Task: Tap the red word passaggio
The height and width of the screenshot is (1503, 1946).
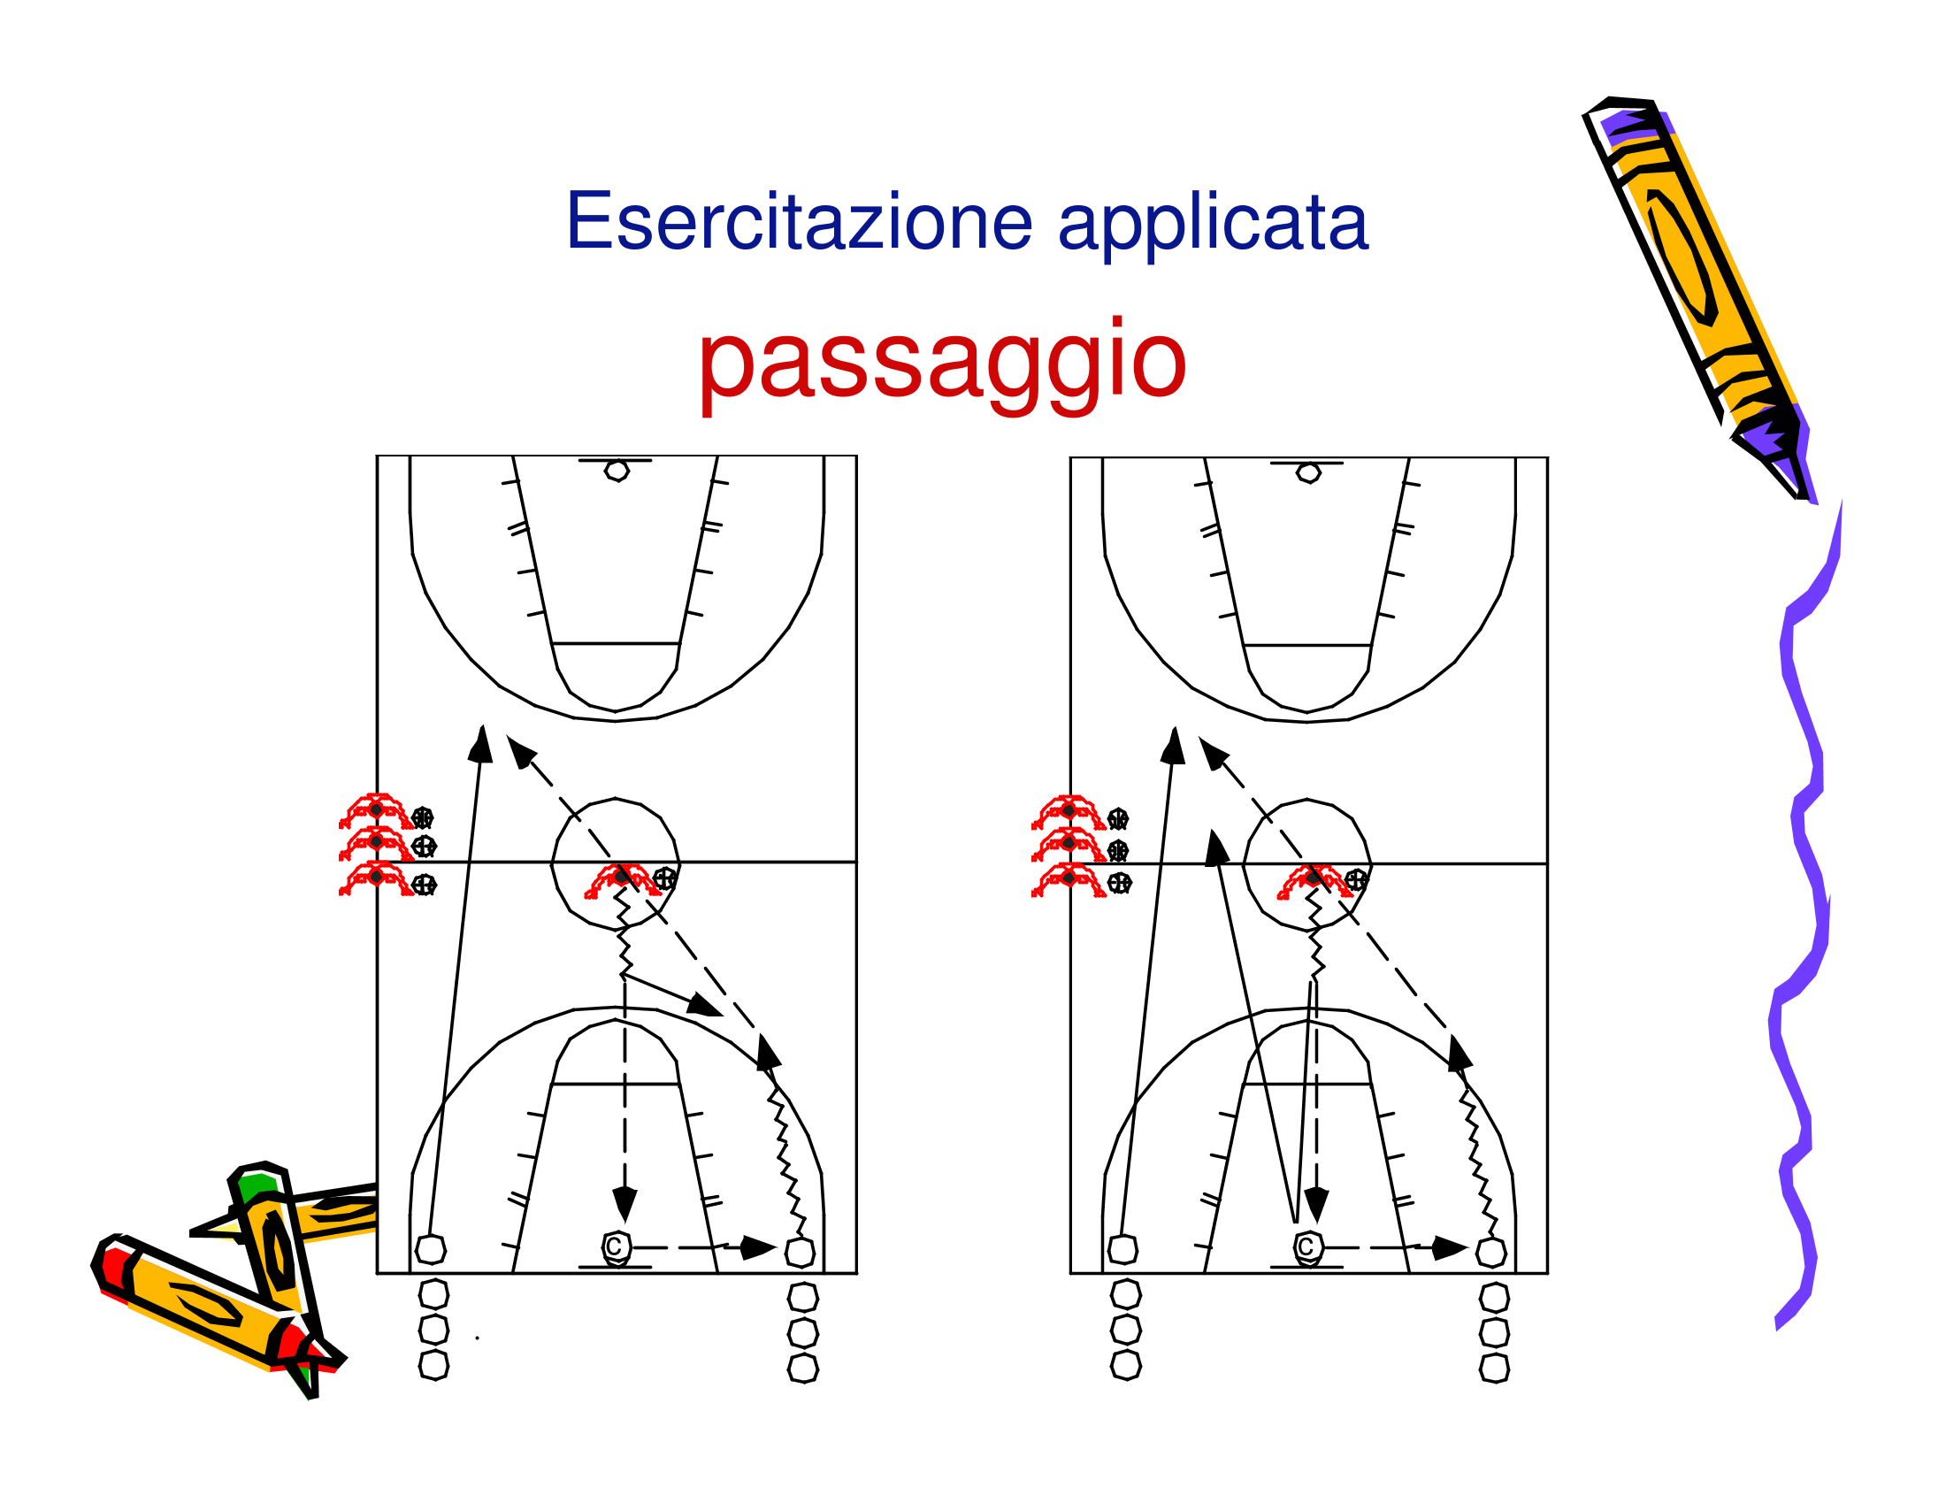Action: pyautogui.click(x=942, y=362)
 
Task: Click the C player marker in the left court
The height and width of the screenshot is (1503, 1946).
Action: pyautogui.click(x=616, y=1247)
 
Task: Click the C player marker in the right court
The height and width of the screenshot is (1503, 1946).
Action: pyautogui.click(x=1307, y=1247)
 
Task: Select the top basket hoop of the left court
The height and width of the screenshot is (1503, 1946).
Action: pyautogui.click(x=616, y=471)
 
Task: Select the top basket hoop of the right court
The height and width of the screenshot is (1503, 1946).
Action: pyautogui.click(x=1308, y=472)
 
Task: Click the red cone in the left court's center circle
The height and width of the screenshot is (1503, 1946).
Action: pyautogui.click(x=621, y=879)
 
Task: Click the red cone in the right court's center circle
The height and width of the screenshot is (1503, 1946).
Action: pyautogui.click(x=1314, y=880)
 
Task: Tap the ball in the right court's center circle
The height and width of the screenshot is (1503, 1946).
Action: pyautogui.click(x=1355, y=880)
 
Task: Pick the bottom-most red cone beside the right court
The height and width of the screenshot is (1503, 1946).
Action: pyautogui.click(x=1068, y=879)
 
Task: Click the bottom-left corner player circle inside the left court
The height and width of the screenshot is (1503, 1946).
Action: pyautogui.click(x=432, y=1249)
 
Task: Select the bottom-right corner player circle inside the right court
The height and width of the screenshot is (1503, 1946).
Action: pyautogui.click(x=1490, y=1252)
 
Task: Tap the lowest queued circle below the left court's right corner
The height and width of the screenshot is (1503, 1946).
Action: pyautogui.click(x=803, y=1369)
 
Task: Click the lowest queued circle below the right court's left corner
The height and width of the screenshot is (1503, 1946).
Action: pyautogui.click(x=1125, y=1365)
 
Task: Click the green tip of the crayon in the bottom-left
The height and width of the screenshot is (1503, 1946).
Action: pyautogui.click(x=257, y=1185)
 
